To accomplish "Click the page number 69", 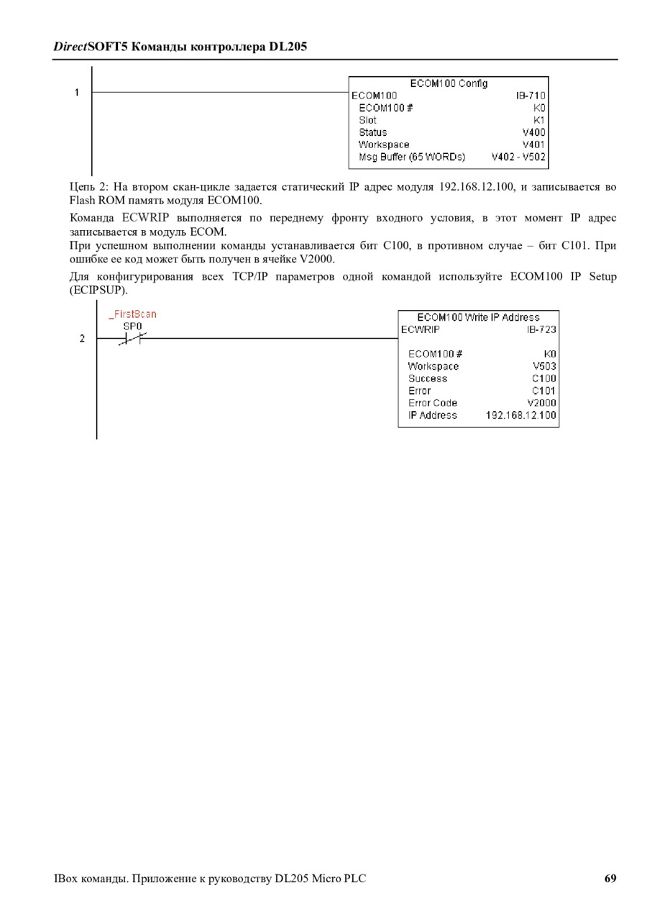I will click(x=610, y=879).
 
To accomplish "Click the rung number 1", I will click(x=77, y=93).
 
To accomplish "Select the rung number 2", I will click(x=82, y=339).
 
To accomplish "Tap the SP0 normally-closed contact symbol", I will click(x=132, y=339).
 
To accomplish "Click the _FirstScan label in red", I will click(x=132, y=314).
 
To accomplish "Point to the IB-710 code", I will click(x=531, y=96).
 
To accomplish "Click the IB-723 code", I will click(x=541, y=329).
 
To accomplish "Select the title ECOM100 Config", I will click(x=449, y=83).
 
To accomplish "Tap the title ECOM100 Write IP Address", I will click(x=478, y=317).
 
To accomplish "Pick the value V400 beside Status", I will click(x=534, y=132).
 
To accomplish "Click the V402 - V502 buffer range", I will click(x=518, y=157).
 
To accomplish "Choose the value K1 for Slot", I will click(x=539, y=120).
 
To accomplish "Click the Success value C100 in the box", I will click(x=544, y=378).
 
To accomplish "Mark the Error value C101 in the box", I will click(x=544, y=390).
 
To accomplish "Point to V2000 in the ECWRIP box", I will click(x=541, y=403).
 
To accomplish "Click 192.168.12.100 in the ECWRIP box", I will click(x=520, y=415).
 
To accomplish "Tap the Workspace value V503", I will click(x=544, y=366).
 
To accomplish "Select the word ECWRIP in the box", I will click(x=421, y=329).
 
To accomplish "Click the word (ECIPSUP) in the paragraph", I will click(x=98, y=290).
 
